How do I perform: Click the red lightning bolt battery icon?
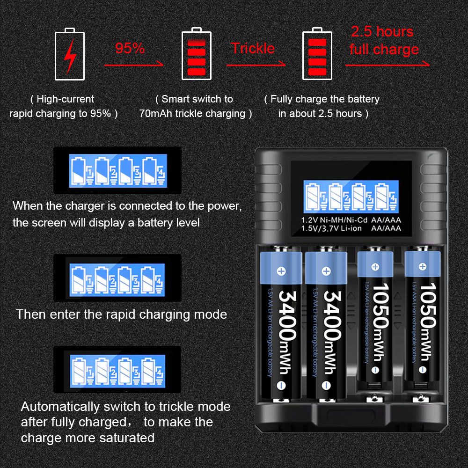pyautogui.click(x=70, y=54)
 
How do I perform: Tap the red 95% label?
pyautogui.click(x=130, y=48)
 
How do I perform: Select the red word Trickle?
pyautogui.click(x=253, y=48)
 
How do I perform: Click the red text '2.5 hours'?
pyautogui.click(x=382, y=31)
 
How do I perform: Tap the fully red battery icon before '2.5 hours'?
pyautogui.click(x=317, y=54)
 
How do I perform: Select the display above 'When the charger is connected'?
pyautogui.click(x=117, y=170)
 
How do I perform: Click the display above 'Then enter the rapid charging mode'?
pyautogui.click(x=117, y=278)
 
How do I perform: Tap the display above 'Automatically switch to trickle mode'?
pyautogui.click(x=117, y=370)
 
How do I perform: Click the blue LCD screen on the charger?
pyautogui.click(x=351, y=197)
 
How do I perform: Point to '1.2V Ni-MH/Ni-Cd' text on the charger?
pyautogui.click(x=334, y=220)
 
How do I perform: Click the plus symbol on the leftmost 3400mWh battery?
pyautogui.click(x=281, y=271)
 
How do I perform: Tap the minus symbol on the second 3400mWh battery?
pyautogui.click(x=326, y=385)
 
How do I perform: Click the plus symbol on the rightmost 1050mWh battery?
pyautogui.click(x=422, y=267)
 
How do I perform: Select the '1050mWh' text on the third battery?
pyautogui.click(x=380, y=322)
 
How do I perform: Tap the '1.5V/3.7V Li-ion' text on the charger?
pyautogui.click(x=331, y=229)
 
